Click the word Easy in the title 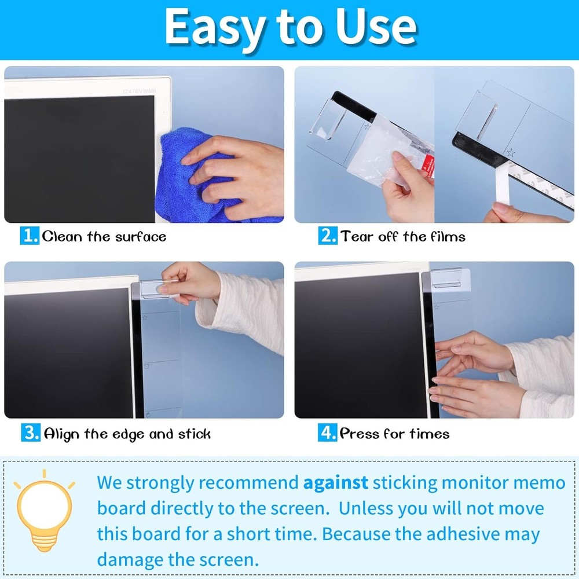[212, 27]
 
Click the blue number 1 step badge [30, 236]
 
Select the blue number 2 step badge [327, 236]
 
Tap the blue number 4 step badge [327, 433]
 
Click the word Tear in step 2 [357, 236]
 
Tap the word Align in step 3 [62, 434]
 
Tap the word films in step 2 [448, 236]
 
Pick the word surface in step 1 [141, 236]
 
